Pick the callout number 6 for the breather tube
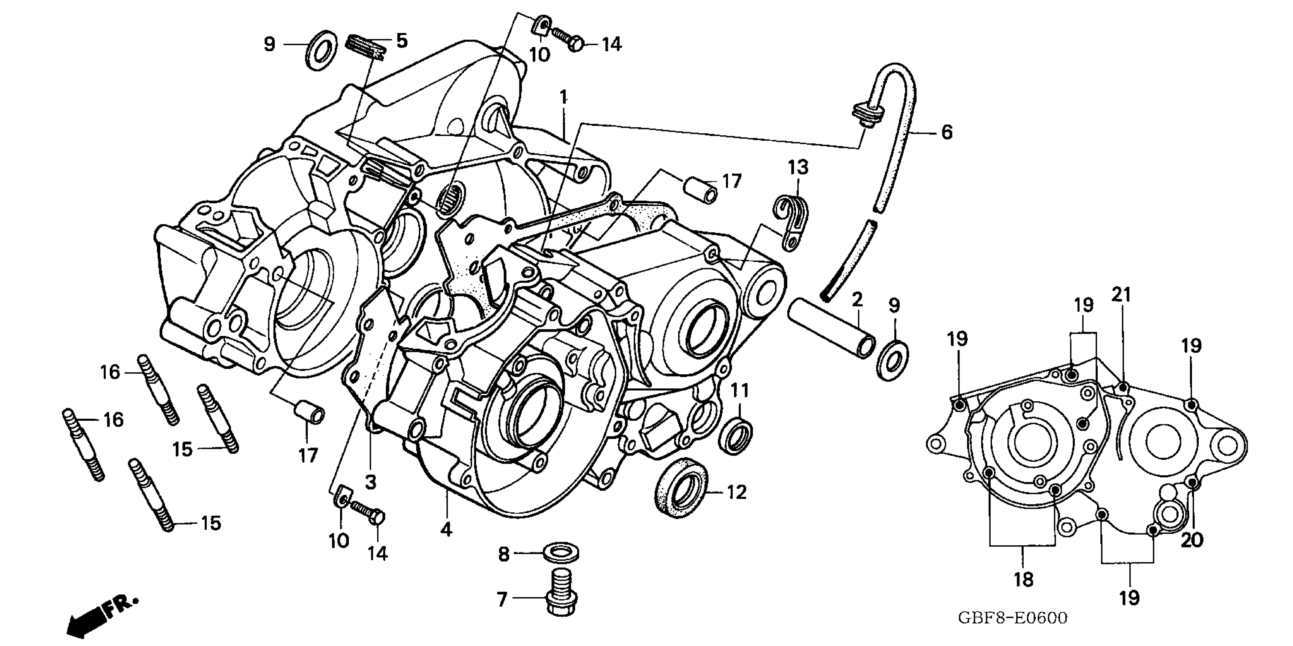tap(946, 133)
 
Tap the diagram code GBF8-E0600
tap(1013, 618)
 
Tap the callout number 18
tap(1024, 580)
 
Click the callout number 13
tap(798, 167)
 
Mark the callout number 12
tap(736, 492)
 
